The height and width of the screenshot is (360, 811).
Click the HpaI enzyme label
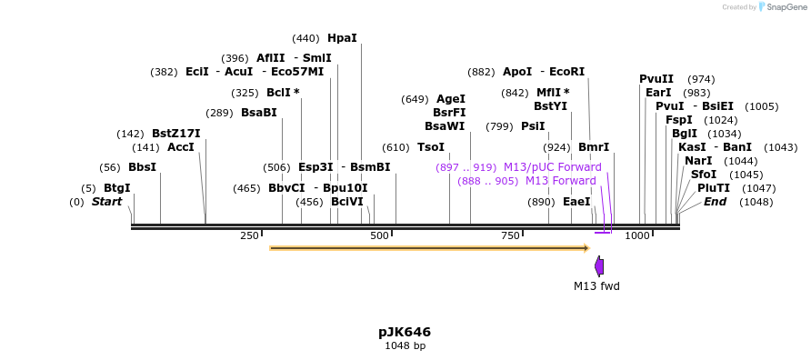[343, 38]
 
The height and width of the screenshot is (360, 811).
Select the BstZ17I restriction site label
[176, 134]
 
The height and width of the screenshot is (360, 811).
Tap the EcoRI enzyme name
[566, 72]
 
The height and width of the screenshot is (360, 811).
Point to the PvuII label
[656, 79]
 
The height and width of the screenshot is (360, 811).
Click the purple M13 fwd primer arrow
[599, 265]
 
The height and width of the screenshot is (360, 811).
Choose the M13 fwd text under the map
[596, 285]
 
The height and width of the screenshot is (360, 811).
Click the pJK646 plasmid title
[405, 332]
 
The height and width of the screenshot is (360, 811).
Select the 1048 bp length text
[405, 345]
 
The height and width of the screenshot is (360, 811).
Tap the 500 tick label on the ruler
[380, 235]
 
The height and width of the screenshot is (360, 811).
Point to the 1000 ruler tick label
[637, 235]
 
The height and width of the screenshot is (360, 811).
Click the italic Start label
[107, 202]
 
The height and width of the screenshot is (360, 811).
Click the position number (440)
[306, 39]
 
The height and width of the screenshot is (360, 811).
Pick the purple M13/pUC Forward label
[553, 167]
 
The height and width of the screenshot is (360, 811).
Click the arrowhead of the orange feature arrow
[587, 248]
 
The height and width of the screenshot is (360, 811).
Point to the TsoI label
[431, 147]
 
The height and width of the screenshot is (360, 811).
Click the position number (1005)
[761, 107]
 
